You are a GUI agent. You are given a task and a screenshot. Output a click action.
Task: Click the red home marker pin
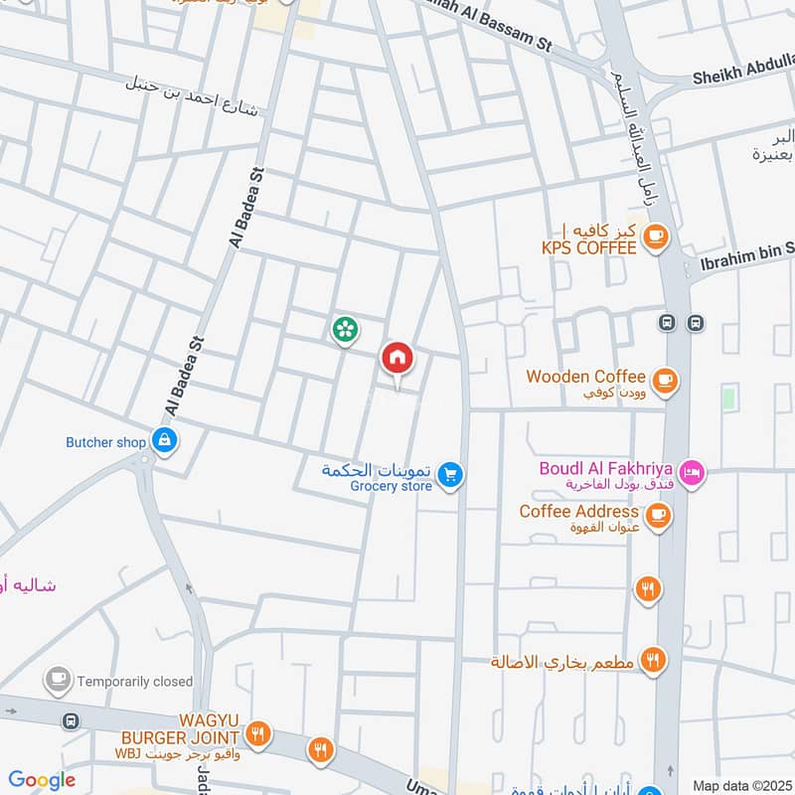pos(397,358)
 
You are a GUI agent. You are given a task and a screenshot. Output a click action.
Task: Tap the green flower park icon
pos(345,329)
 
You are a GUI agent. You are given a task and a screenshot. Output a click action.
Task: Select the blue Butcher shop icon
pos(164,440)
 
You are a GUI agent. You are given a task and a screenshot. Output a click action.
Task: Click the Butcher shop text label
pos(105,442)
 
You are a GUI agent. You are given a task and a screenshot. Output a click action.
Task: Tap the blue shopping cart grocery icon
pos(451,476)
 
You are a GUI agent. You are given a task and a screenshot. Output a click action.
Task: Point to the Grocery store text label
pos(391,486)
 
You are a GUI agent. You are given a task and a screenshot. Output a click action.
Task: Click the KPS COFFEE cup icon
pos(654,236)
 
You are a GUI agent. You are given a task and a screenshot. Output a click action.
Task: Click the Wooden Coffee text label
pos(585,377)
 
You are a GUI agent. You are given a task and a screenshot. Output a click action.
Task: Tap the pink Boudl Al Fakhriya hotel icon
pos(693,474)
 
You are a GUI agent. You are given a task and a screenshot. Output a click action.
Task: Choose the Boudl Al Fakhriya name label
pos(606,468)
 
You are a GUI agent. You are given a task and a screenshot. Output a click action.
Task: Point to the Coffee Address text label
pos(578,512)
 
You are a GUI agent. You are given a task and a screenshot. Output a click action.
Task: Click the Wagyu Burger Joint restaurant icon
pos(257,734)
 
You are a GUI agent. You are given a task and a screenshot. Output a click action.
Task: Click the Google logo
pos(42,780)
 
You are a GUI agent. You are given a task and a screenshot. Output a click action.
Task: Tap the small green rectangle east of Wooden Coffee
pos(729,399)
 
